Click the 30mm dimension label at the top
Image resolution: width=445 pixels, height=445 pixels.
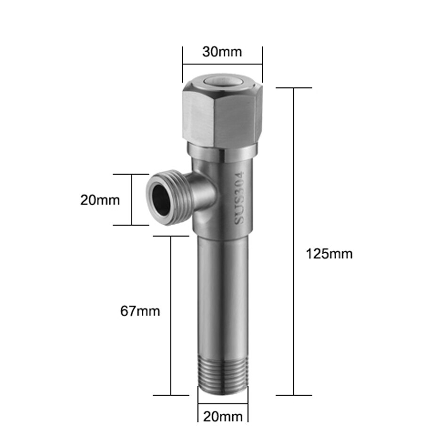[x=222, y=52]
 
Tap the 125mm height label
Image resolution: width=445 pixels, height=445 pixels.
[x=329, y=254]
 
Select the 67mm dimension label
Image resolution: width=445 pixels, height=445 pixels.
[x=140, y=311]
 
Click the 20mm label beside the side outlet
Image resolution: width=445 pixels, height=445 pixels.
[x=100, y=200]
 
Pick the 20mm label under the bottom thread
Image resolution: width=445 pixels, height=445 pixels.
[x=223, y=417]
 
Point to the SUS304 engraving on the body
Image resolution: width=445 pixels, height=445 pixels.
[x=239, y=197]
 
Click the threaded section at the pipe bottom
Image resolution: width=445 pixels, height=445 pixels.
[x=223, y=376]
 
